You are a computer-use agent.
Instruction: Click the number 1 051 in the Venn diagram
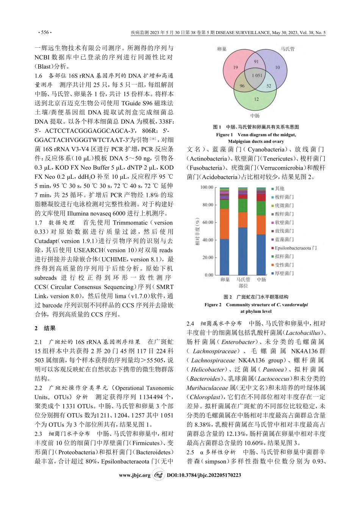click(x=257, y=75)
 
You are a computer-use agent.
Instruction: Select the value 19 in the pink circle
click(x=235, y=67)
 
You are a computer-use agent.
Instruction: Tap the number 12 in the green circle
click(x=256, y=99)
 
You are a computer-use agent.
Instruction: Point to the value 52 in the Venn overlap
click(x=269, y=86)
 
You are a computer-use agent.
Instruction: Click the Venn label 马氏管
click(x=287, y=49)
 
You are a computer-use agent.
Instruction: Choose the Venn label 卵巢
click(x=222, y=49)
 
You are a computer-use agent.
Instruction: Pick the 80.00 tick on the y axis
click(x=207, y=205)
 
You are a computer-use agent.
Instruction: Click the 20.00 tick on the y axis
click(x=207, y=258)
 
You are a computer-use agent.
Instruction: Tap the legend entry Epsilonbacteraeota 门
click(x=295, y=248)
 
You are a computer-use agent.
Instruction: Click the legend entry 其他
click(x=279, y=189)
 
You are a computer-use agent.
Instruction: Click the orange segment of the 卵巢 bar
click(x=224, y=223)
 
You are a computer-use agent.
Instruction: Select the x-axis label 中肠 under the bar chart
click(x=261, y=280)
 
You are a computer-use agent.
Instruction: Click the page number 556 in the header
click(x=45, y=33)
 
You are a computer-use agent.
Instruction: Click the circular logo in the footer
click(x=158, y=475)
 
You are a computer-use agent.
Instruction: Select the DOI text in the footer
click(x=204, y=475)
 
